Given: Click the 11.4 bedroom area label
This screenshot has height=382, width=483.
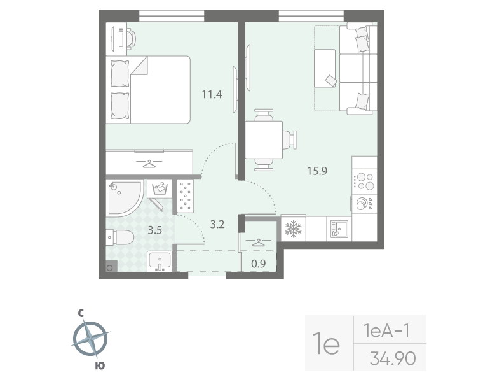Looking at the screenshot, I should [212, 95].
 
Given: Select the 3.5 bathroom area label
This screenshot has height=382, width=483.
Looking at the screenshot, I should [155, 230].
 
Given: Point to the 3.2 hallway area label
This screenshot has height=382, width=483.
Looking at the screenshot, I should [218, 223].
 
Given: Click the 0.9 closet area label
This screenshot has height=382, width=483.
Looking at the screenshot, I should [259, 262].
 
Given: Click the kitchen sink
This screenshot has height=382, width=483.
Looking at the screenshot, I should [337, 229].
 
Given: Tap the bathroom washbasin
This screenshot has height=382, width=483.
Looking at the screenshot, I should [159, 261].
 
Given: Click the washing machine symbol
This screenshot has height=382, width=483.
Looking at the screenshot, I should [160, 189].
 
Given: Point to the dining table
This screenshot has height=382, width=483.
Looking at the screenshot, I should [264, 140].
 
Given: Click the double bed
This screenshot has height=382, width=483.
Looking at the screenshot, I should [150, 88].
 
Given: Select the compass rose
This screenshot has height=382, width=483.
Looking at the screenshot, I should [91, 339].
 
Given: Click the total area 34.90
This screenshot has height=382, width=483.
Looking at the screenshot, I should [392, 359].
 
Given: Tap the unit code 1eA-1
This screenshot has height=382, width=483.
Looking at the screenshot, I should [385, 331].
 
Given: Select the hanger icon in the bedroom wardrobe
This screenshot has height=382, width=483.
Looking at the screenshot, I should [149, 164].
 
